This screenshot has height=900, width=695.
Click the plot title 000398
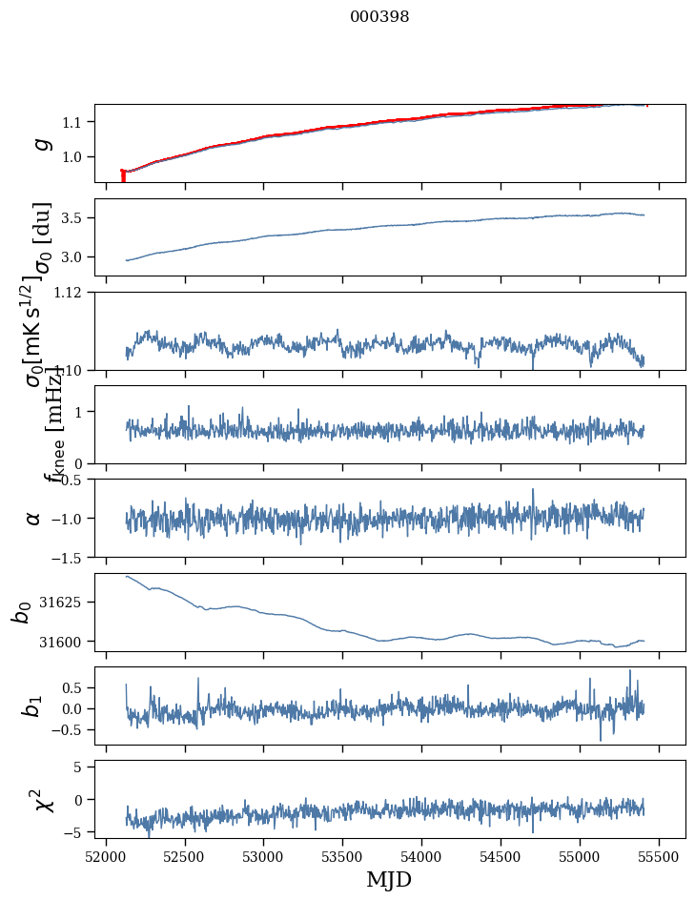tap(379, 16)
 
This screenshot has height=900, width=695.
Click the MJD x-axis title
tap(389, 879)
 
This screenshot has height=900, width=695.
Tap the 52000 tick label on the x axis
tap(106, 856)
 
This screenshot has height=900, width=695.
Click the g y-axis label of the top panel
tap(39, 143)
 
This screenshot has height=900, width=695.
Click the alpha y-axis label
tap(34, 518)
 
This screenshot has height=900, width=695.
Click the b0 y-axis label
tap(21, 612)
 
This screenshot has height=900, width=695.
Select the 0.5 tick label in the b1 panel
tap(73, 688)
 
